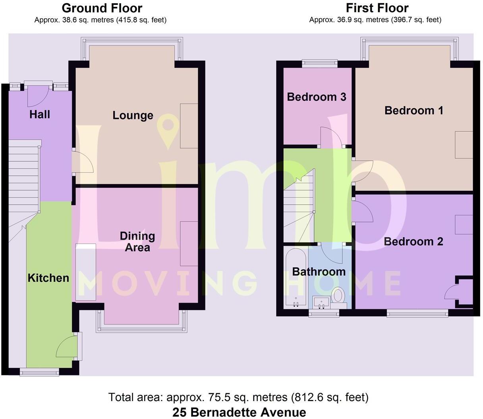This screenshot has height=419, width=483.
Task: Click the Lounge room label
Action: pyautogui.click(x=133, y=115)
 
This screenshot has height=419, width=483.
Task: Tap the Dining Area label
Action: pyautogui.click(x=137, y=242)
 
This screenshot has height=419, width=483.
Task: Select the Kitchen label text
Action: pyautogui.click(x=48, y=278)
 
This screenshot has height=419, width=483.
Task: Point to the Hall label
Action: pyautogui.click(x=40, y=115)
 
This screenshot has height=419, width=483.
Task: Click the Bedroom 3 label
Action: pyautogui.click(x=317, y=97)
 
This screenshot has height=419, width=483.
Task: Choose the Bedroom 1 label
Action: pyautogui.click(x=413, y=110)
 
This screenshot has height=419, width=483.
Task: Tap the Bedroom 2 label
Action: pyautogui.click(x=413, y=241)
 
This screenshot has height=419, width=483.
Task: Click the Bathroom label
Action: pyautogui.click(x=319, y=272)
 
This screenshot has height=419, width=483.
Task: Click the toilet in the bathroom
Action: pyautogui.click(x=338, y=296)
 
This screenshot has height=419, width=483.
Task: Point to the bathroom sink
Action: pyautogui.click(x=321, y=302)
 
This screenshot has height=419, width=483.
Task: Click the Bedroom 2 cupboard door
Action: pyautogui.click(x=452, y=293)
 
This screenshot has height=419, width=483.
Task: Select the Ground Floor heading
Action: pyautogui.click(x=102, y=8)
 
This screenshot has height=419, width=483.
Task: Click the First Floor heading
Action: pyautogui.click(x=377, y=8)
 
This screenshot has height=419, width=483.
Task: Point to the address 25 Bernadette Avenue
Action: pyautogui.click(x=239, y=412)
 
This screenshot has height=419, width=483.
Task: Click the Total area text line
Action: pyautogui.click(x=238, y=397)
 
